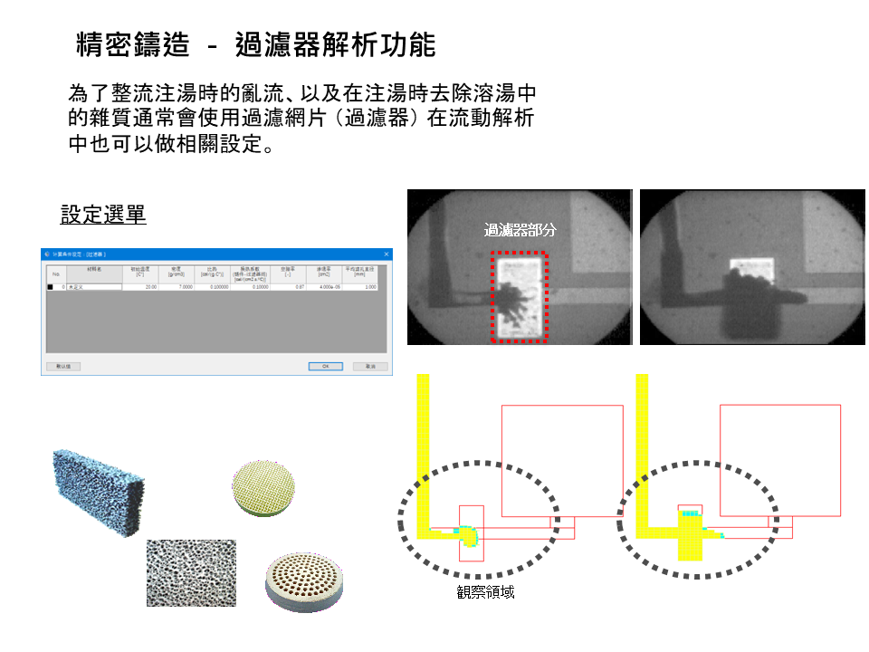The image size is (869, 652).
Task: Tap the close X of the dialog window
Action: (387, 254)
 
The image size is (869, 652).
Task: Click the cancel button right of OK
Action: (370, 367)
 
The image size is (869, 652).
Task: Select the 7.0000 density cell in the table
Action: (177, 286)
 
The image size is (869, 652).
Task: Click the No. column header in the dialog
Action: (54, 273)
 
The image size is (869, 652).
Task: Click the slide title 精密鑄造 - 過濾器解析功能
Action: (256, 45)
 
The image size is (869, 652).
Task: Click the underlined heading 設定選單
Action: (103, 215)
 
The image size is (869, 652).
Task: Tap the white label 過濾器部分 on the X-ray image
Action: (520, 230)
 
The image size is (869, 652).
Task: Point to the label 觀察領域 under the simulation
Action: (486, 592)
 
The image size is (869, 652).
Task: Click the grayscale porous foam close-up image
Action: (191, 573)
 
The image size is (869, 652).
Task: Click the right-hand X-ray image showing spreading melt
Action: (751, 267)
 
